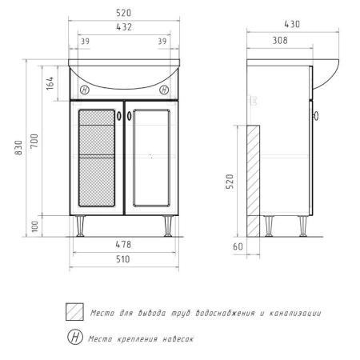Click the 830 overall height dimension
18,147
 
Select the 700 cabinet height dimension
34,141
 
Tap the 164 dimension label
50,83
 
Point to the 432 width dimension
124,27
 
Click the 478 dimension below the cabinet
123,244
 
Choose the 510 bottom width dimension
123,259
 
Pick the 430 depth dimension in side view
292,24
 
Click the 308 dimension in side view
280,40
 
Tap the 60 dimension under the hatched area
238,246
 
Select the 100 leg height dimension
34,226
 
